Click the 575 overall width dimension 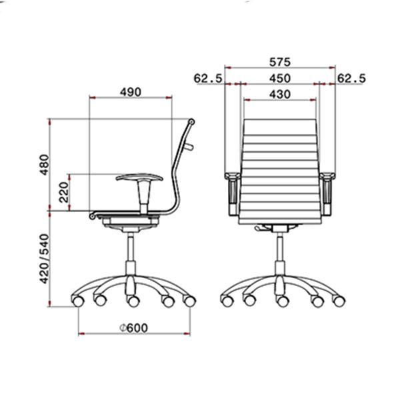(x=280, y=62)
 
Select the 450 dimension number (x=280, y=78)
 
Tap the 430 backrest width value (x=280, y=95)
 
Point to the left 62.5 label (x=208, y=78)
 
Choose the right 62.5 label (x=351, y=78)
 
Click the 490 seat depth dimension (x=131, y=92)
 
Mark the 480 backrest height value (x=45, y=165)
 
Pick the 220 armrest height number (x=64, y=192)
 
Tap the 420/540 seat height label (x=45, y=259)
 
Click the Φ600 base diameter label (x=134, y=327)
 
